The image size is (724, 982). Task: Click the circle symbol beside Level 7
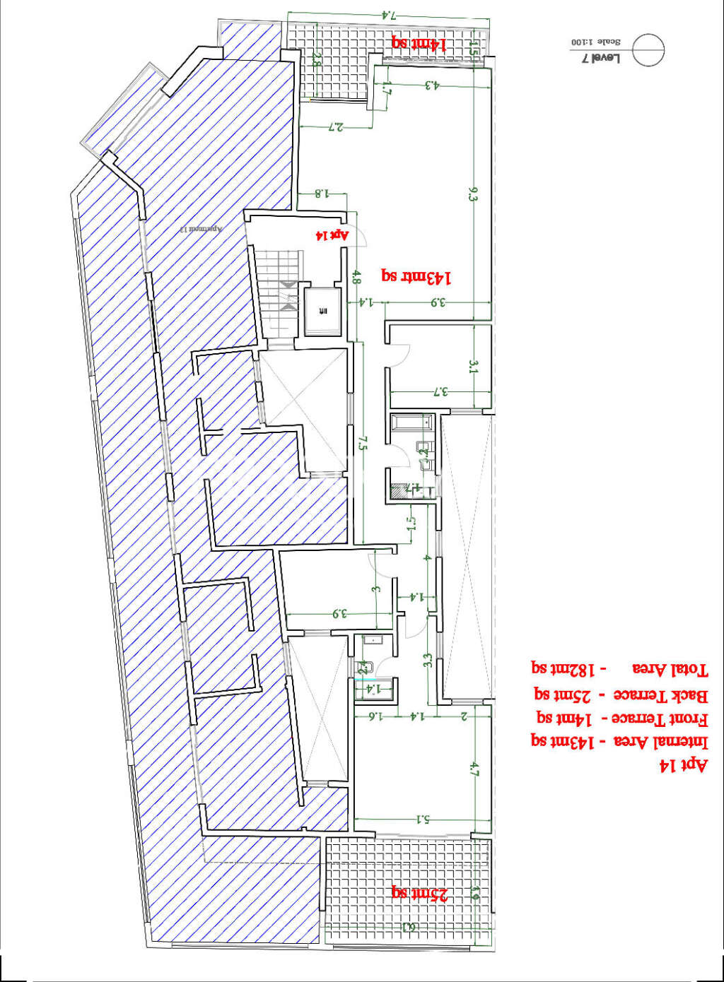point(648,50)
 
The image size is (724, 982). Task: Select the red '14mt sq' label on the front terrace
point(419,43)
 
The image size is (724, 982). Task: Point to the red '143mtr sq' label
point(416,276)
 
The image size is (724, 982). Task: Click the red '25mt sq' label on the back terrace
point(420,894)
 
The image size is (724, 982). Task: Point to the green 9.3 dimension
point(473,194)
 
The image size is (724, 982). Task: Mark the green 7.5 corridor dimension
point(363,443)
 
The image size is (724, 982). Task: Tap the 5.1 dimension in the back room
point(423,820)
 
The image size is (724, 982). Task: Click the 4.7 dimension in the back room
point(474,769)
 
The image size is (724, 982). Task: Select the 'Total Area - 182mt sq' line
point(619,668)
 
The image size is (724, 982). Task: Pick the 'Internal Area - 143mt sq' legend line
point(619,742)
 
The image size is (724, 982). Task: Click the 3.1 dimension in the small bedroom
point(473,367)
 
